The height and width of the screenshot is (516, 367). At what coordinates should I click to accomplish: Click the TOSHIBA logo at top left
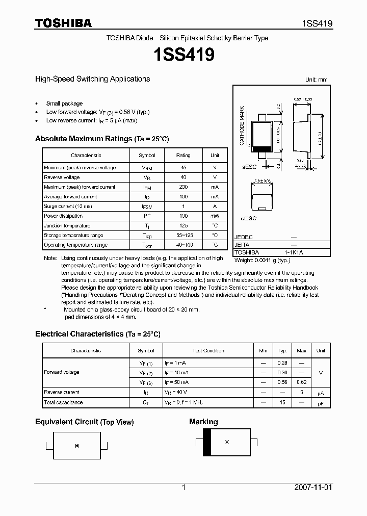point(63,23)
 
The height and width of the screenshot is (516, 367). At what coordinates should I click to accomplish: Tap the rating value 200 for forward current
point(183,187)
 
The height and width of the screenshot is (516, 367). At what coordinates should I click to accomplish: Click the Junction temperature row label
point(67,226)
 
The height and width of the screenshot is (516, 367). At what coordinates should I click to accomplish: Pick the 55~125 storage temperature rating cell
point(183,236)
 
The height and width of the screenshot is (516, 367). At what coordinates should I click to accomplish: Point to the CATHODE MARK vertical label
point(242,125)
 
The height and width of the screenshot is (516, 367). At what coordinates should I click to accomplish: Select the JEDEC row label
point(244,237)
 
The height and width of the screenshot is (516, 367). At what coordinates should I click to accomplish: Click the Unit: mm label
point(316,80)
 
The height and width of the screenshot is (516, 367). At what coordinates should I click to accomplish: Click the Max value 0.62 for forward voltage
point(301,382)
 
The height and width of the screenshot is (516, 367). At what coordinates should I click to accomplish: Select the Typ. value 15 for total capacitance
point(282,402)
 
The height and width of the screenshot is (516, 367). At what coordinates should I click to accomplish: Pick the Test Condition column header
point(208,351)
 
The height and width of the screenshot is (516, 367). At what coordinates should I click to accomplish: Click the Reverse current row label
point(61,392)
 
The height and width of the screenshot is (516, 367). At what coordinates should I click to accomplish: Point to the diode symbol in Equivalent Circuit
point(76,446)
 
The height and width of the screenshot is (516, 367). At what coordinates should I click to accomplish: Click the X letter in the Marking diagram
point(227,442)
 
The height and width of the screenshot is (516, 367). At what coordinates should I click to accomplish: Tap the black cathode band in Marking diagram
point(207,442)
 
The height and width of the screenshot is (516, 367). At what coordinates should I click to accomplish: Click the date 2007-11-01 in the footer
point(313,487)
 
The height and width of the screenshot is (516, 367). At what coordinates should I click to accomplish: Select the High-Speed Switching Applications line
point(92,79)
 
